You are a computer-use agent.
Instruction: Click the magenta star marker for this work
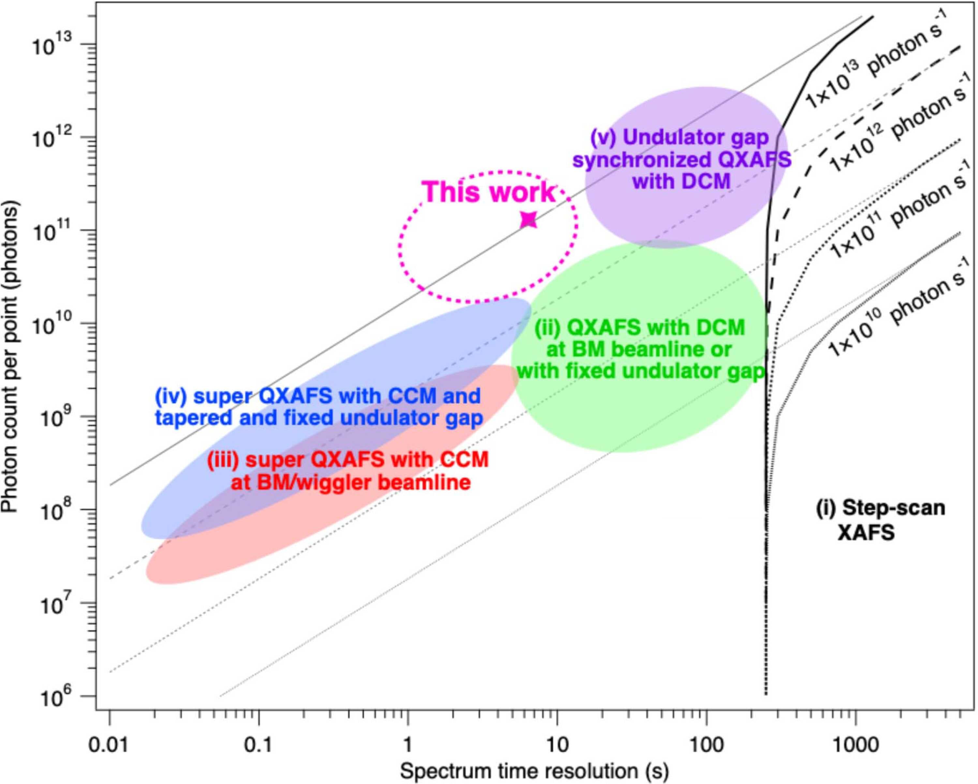(529, 219)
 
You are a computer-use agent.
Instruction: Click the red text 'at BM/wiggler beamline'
(351, 482)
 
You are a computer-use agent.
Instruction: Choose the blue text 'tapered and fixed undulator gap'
(319, 418)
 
